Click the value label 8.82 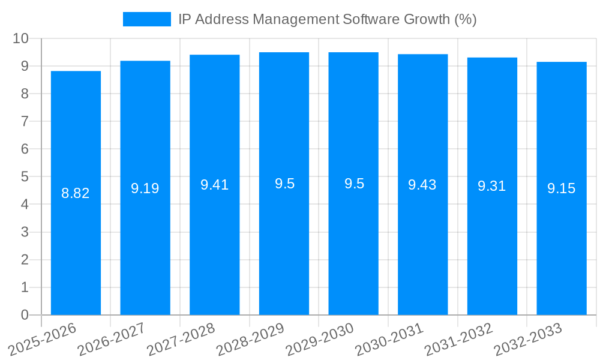point(76,193)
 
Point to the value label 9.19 point(145,188)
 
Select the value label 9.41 point(215,185)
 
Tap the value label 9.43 point(422,185)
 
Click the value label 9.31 point(492,187)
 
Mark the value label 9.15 point(562,188)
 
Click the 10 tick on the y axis point(21,38)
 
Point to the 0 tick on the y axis point(25,315)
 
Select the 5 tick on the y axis point(25,176)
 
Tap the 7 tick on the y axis point(25,121)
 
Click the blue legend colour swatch point(147,19)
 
